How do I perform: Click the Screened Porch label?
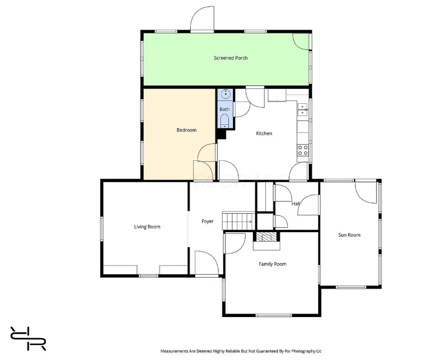230,58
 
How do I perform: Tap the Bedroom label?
187,130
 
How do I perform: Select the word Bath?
224,109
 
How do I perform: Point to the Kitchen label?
264,133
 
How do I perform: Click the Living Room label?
147,227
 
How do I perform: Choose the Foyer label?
208,221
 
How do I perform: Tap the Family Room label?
273,264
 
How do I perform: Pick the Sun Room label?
349,235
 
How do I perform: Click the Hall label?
296,204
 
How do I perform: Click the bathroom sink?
225,94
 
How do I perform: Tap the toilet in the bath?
225,121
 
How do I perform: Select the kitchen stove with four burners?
303,150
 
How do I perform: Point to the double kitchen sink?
303,109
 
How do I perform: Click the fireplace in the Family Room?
266,241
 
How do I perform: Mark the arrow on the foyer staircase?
249,222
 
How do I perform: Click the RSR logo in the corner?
28,339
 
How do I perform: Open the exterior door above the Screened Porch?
202,19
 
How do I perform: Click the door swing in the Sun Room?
366,192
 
